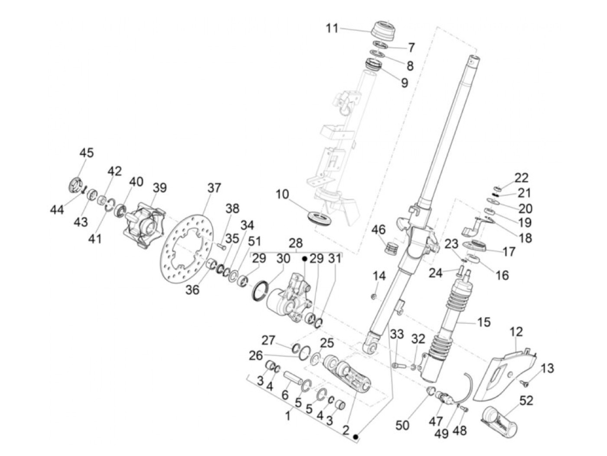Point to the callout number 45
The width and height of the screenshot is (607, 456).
tap(86, 153)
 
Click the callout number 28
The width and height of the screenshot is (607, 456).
tap(296, 243)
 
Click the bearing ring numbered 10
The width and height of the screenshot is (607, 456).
tap(320, 216)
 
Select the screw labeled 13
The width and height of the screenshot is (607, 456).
tap(525, 383)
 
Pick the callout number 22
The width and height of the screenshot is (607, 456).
tap(522, 178)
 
